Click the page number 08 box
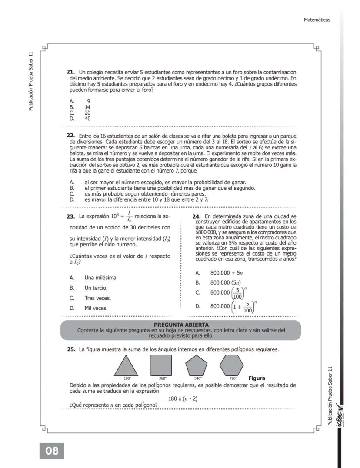52,451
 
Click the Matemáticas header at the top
317,20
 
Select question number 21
70,71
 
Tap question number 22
70,136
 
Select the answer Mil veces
96,308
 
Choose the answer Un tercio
96,288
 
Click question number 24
196,216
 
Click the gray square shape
161,365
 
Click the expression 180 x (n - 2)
183,398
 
